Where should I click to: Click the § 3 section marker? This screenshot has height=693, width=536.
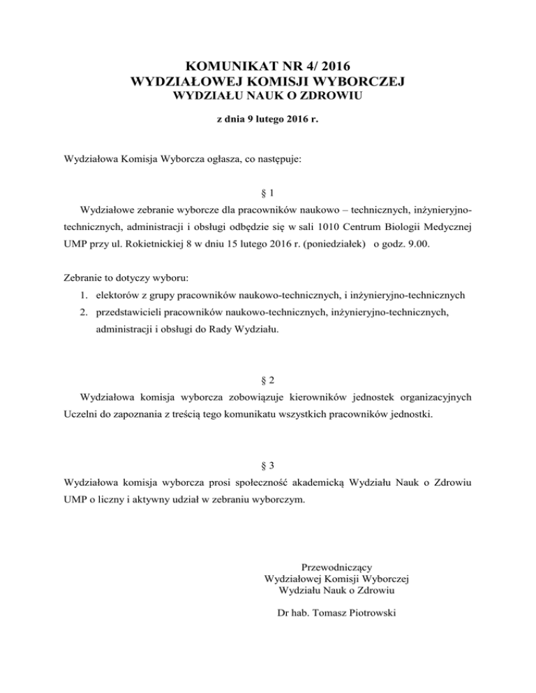268,463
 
